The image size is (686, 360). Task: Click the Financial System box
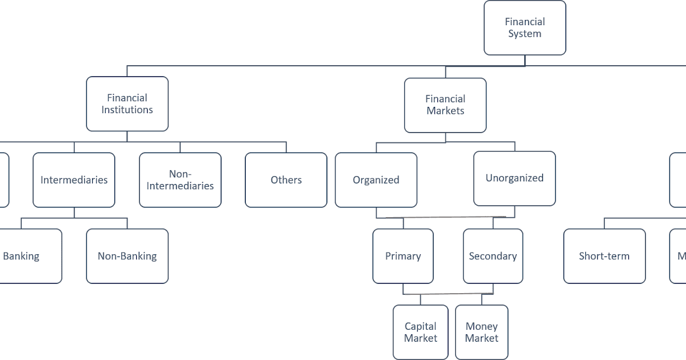tap(525, 28)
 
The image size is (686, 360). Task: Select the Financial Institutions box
tap(127, 104)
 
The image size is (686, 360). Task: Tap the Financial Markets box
tap(445, 105)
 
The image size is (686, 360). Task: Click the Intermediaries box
tap(74, 180)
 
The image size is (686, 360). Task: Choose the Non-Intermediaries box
tap(180, 180)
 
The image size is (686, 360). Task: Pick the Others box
tap(286, 180)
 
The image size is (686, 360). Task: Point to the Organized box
tap(376, 180)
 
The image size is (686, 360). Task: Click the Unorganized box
tap(514, 178)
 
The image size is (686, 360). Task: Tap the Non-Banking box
tap(127, 256)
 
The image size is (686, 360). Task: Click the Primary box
tap(402, 256)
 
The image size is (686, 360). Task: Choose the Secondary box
tap(493, 256)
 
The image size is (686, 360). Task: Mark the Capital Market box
tap(420, 332)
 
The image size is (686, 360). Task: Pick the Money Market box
tap(481, 332)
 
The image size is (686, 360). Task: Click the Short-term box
tap(604, 256)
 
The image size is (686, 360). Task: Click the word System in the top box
tap(525, 34)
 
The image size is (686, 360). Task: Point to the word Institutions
tap(127, 110)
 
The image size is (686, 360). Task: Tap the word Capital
tap(420, 326)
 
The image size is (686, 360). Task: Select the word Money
tap(481, 326)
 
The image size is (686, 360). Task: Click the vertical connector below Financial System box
tap(525, 61)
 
